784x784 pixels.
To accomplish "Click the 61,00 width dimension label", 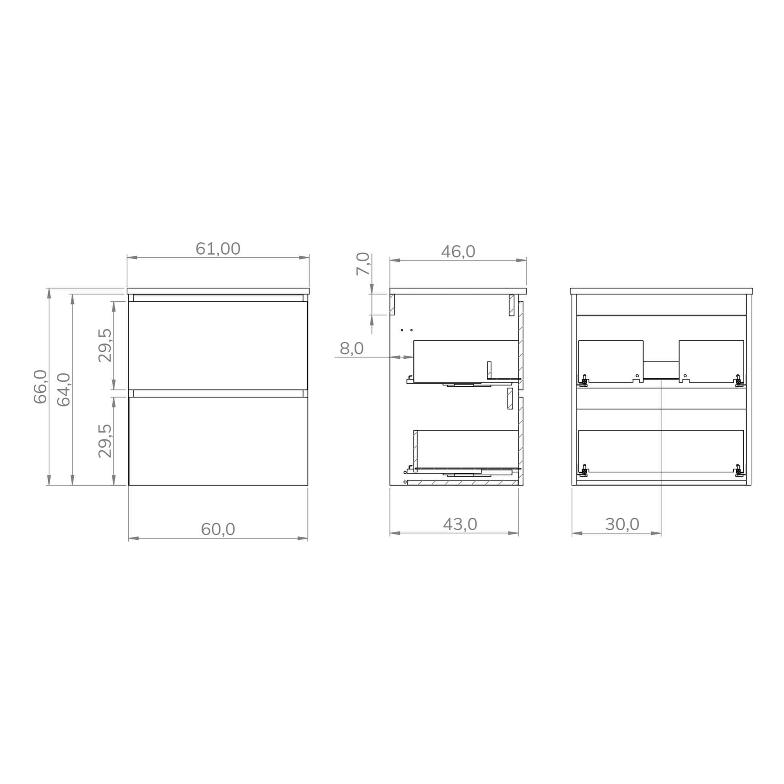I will click(218, 249).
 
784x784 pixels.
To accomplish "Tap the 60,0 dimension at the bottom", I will click(218, 529).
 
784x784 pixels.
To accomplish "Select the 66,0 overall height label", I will click(40, 386).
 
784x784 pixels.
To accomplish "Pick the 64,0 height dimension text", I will click(64, 389).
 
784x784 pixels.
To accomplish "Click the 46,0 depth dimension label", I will click(458, 252).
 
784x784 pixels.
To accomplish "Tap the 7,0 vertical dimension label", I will click(363, 264).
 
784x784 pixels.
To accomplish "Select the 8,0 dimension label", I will click(351, 348).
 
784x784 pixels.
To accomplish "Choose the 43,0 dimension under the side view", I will click(460, 524).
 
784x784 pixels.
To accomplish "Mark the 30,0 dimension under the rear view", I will click(622, 524).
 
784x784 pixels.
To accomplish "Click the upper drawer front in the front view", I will click(218, 345).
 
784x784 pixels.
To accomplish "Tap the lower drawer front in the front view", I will click(218, 441).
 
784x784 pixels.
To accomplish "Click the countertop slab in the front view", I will click(218, 291).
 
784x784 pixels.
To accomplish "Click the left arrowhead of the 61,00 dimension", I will click(131, 257).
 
